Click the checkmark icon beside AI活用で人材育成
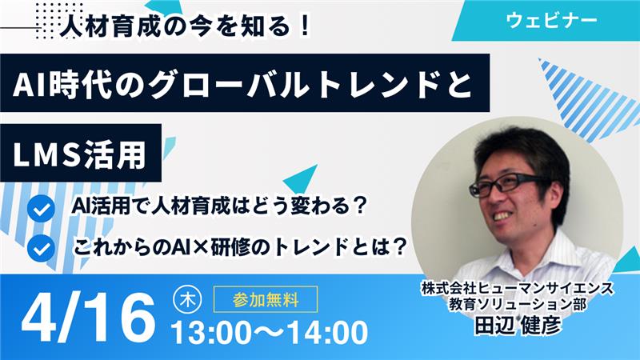[x=39, y=210]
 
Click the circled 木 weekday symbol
[x=186, y=301]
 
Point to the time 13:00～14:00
[x=270, y=330]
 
